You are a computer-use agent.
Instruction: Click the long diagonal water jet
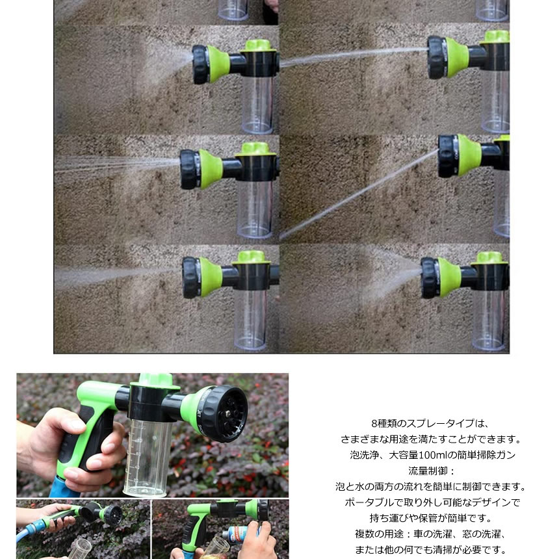point(357,194)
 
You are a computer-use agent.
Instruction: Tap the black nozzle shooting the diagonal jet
point(448,156)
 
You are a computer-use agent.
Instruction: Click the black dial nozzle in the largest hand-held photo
point(222,413)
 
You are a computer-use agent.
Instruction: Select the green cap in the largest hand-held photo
point(155,380)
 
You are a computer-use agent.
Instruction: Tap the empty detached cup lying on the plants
point(81,547)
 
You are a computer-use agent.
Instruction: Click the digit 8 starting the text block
point(373,423)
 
